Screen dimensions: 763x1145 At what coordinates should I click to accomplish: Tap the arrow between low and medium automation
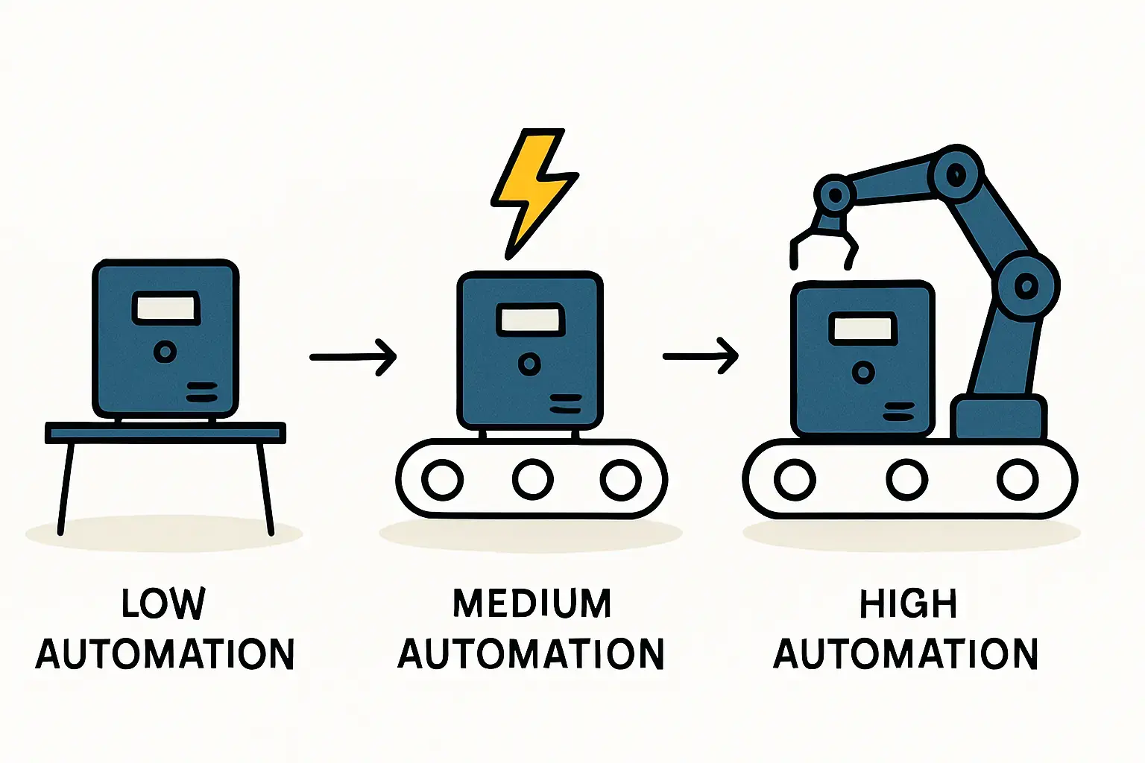point(353,358)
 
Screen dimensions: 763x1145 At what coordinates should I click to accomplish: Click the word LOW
point(163,604)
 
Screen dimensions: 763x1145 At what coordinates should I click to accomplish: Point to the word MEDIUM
point(532,604)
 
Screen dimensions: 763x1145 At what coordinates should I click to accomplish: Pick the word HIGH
point(908,604)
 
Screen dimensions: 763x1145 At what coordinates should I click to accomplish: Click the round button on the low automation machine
point(165,352)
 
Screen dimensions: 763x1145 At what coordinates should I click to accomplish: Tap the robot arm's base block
point(998,420)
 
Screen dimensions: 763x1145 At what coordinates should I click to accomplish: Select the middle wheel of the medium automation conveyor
point(532,479)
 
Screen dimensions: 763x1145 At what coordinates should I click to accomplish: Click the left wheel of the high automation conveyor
point(795,479)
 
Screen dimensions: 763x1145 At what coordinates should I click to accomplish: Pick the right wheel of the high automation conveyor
point(1018,479)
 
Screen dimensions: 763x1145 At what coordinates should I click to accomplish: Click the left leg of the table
point(66,488)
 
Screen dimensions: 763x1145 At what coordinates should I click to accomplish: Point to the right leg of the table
point(265,488)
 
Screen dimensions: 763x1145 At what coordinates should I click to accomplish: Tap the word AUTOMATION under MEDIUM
point(531,654)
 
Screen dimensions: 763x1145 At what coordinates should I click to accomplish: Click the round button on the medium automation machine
point(529,364)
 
